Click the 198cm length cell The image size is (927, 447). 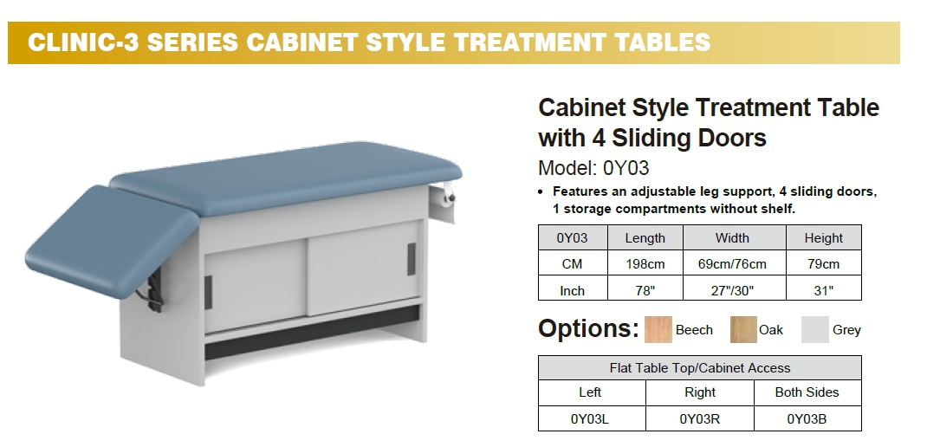[645, 263]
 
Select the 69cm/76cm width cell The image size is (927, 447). [735, 263]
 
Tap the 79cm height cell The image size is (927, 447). [824, 263]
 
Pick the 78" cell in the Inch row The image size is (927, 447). [645, 289]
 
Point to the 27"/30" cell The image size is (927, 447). [735, 289]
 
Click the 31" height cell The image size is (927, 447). [824, 289]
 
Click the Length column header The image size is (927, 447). [645, 237]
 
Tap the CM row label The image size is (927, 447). [573, 263]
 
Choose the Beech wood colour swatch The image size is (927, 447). [658, 330]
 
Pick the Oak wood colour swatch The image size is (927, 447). [743, 330]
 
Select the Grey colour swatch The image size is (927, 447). [814, 330]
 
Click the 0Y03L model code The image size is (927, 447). [590, 419]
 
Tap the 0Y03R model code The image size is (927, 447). [699, 419]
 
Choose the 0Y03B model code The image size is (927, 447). [807, 419]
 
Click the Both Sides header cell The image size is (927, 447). [807, 392]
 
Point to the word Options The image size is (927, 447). [588, 328]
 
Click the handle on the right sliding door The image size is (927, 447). [412, 259]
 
